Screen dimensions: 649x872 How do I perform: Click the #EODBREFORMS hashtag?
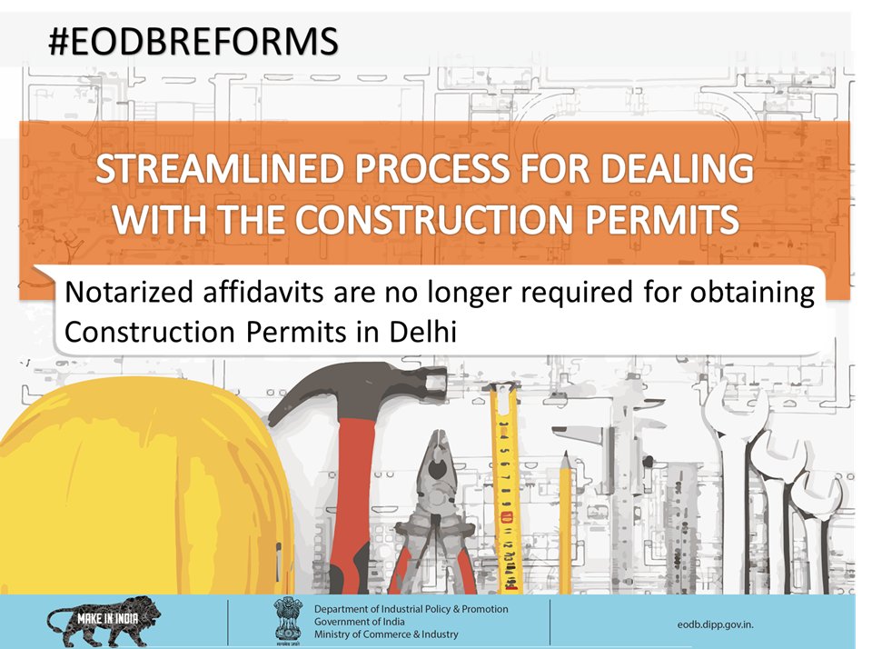click(x=193, y=41)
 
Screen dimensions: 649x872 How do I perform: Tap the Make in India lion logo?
click(x=104, y=622)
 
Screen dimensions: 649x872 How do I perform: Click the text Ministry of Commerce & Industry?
click(x=386, y=634)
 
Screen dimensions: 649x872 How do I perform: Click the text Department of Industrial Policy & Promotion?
click(x=411, y=608)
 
